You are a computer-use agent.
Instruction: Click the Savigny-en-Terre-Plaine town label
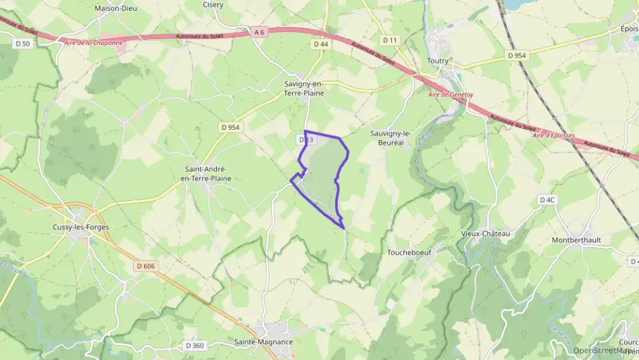click(304, 87)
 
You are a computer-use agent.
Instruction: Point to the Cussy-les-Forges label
click(81, 227)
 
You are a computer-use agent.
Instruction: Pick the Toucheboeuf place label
click(408, 251)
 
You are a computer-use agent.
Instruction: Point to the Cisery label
click(213, 4)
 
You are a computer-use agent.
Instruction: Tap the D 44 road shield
click(321, 44)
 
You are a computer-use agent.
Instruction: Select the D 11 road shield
click(390, 40)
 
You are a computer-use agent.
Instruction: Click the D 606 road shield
click(145, 266)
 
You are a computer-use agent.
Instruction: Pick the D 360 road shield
click(195, 346)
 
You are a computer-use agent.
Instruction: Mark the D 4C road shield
click(548, 200)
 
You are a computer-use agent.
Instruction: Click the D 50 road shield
click(23, 44)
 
